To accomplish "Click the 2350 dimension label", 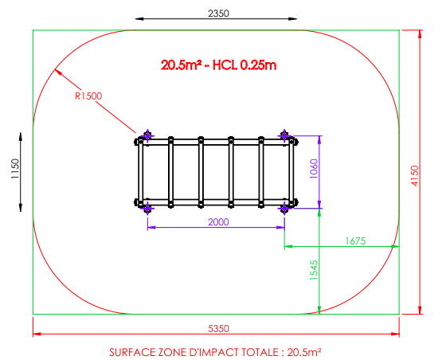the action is (218, 14).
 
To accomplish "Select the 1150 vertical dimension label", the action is (15, 169).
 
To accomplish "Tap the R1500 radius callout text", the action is (88, 96).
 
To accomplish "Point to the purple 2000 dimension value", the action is (218, 221).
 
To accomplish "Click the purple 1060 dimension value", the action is (314, 169).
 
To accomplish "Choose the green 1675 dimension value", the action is (355, 241).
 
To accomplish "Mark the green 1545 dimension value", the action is (314, 270).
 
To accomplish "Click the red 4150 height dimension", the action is (415, 176).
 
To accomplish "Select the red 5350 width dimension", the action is (218, 329).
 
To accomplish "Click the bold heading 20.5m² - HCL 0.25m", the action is (218, 65).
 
